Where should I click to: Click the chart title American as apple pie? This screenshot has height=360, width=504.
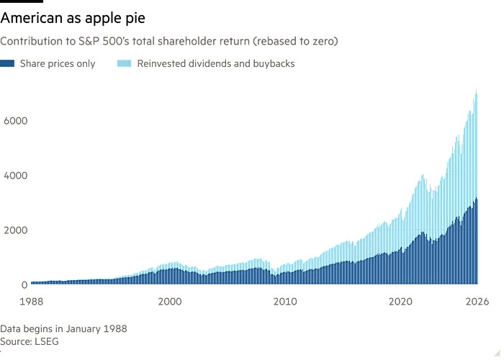point(73,18)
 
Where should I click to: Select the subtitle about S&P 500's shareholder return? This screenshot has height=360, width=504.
point(169,41)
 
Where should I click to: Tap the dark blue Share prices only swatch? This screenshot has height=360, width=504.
point(7,63)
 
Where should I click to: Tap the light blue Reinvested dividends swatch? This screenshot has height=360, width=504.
point(124,63)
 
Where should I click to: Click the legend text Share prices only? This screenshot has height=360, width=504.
point(58,63)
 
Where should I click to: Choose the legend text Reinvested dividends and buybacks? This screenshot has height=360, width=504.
point(216,63)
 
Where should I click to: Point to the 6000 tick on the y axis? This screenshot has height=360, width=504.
point(15,121)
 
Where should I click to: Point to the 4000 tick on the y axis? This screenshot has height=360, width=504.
point(15,176)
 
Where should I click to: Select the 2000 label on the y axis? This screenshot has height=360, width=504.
point(15,230)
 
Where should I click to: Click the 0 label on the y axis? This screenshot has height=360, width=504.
point(24,285)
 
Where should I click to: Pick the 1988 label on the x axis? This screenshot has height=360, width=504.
point(31,302)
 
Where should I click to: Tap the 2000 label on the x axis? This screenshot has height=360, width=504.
point(170,302)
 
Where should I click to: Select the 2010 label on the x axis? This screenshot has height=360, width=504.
point(285,302)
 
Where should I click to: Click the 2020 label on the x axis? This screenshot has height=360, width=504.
point(400,302)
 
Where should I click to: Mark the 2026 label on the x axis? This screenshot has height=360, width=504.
point(477,302)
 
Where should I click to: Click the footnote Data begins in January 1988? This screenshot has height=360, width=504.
point(63,329)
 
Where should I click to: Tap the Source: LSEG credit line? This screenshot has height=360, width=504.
point(30,341)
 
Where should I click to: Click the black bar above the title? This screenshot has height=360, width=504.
point(22,1)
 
